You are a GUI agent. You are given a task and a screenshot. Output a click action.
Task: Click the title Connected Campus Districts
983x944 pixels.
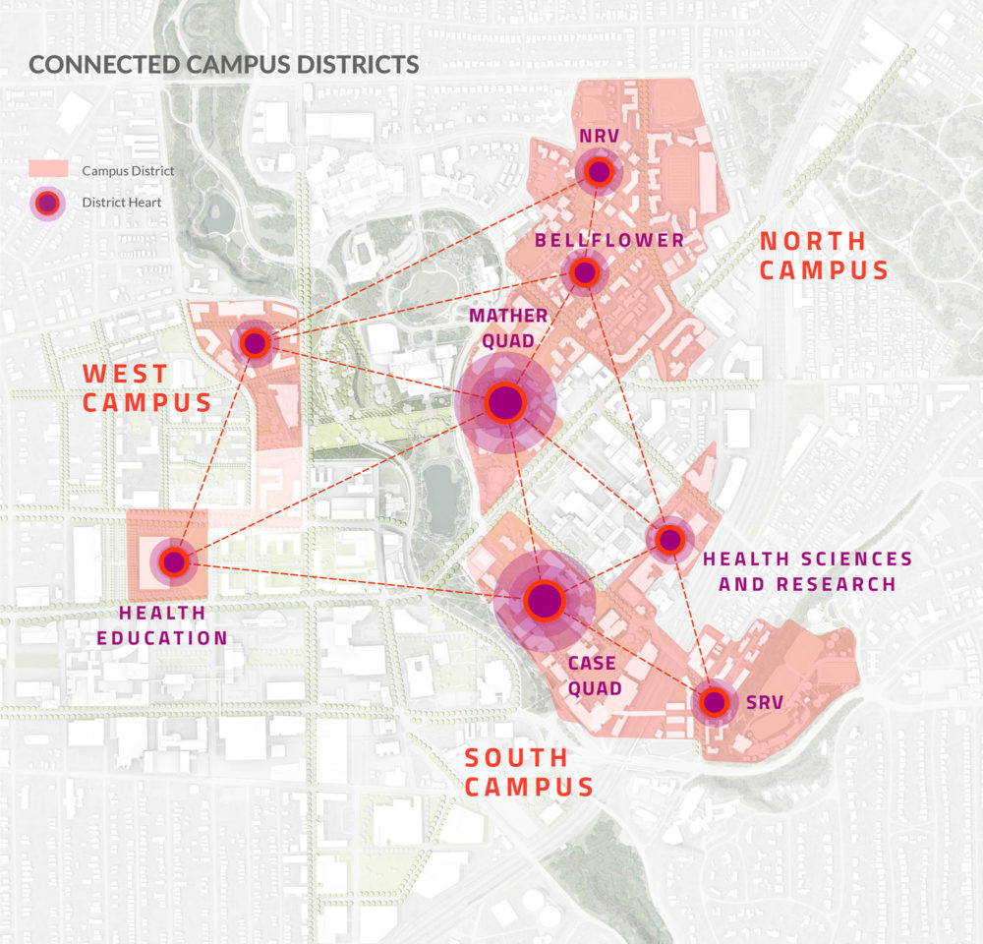tap(224, 65)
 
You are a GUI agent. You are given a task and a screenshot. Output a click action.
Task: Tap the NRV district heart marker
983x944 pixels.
tap(598, 173)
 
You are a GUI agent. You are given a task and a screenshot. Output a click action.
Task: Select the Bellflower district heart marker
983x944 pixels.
tap(584, 273)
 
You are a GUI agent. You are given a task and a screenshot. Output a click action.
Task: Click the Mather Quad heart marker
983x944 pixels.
tap(504, 402)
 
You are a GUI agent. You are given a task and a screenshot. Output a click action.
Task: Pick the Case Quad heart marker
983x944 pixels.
tap(543, 600)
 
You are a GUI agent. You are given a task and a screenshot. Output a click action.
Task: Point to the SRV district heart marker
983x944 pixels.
tap(714, 702)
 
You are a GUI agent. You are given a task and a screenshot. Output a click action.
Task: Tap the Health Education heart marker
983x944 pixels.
tap(174, 561)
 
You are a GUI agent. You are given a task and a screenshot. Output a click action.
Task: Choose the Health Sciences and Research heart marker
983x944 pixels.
tap(669, 539)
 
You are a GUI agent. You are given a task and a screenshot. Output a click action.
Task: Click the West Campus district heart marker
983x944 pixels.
tap(255, 343)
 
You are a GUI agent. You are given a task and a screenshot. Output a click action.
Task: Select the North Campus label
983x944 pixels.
tap(824, 256)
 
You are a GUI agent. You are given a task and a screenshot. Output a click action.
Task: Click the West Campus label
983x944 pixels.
tap(147, 387)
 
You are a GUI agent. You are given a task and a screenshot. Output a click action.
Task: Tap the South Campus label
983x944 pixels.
tap(529, 772)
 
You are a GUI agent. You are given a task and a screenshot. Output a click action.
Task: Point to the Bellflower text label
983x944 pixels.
tap(609, 241)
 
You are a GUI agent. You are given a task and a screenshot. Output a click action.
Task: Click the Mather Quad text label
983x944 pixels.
tap(507, 328)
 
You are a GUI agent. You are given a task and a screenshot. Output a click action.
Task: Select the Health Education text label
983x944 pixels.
tap(173, 625)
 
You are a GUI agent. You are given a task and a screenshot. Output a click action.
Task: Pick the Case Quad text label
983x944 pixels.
tap(596, 676)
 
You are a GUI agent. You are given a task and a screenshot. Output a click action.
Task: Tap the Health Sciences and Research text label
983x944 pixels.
tap(807, 571)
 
